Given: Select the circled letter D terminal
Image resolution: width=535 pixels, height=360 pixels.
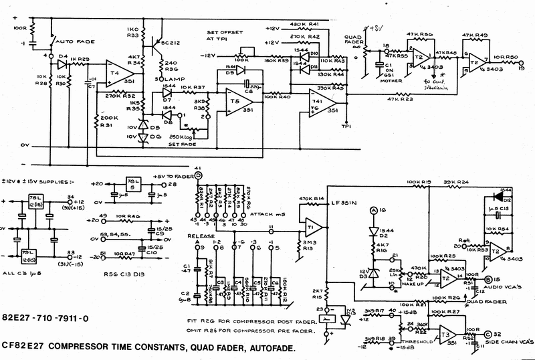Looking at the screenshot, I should (x=198, y=175).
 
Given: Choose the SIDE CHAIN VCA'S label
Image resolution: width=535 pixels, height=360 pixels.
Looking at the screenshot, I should (x=508, y=342).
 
